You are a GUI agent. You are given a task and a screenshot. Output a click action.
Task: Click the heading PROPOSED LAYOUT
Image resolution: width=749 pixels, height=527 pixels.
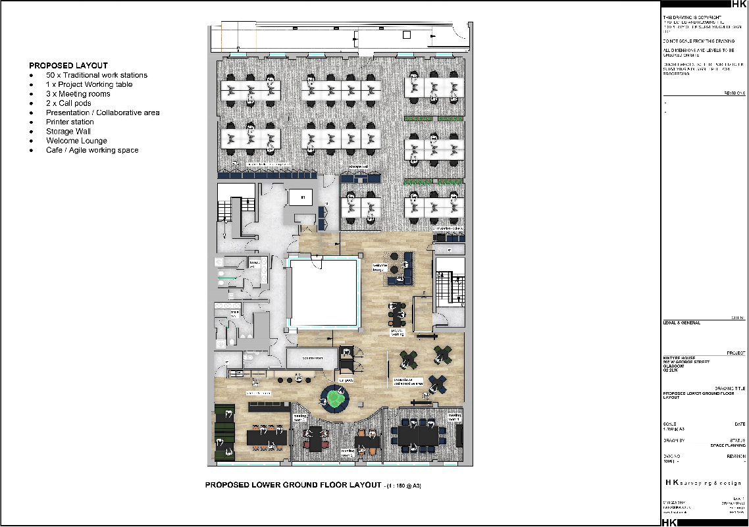pos(68,66)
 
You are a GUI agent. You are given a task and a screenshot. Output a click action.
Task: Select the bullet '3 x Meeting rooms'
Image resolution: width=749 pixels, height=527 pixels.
pos(78,94)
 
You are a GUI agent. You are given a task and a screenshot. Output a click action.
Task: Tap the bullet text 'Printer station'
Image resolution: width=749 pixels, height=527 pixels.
pos(70,122)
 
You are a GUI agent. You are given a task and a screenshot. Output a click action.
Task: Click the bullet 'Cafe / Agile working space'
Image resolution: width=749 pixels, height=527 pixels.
pos(92,150)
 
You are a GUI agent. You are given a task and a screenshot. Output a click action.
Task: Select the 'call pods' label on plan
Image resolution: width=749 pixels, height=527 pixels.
pos(346,380)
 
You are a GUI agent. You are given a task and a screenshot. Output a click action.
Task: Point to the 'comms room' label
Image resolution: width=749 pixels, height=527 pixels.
pos(312,358)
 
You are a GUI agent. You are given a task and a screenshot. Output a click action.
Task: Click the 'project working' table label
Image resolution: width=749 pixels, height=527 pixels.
pos(398,332)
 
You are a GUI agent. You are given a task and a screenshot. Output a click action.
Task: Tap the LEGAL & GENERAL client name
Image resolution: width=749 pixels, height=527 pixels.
pos(683,323)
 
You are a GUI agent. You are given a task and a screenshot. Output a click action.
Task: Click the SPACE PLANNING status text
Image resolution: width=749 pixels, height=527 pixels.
pos(728,446)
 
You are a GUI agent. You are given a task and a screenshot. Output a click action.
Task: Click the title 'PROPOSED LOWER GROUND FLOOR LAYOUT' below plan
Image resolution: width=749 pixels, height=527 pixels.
pos(293,486)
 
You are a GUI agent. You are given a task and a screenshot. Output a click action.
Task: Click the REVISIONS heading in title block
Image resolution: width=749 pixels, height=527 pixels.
pos(732,94)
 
